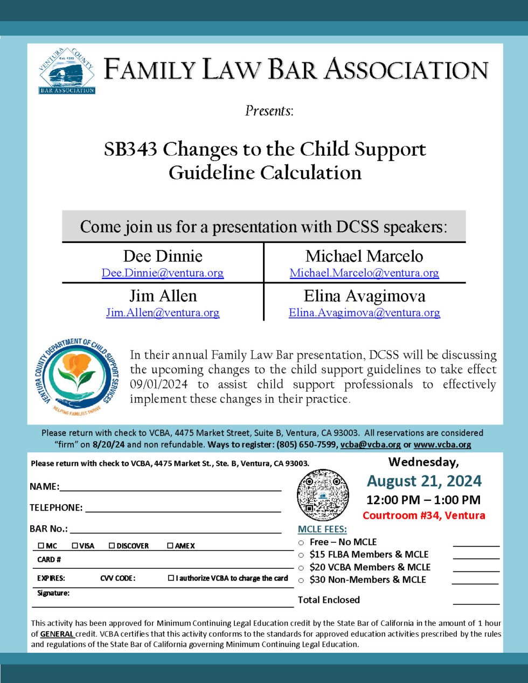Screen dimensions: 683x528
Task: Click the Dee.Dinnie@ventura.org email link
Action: pyautogui.click(x=163, y=273)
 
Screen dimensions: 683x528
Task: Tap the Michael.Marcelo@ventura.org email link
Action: pyautogui.click(x=364, y=273)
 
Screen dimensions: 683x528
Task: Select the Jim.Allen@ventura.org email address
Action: pyautogui.click(x=163, y=313)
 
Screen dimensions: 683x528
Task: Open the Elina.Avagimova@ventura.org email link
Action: pyautogui.click(x=364, y=313)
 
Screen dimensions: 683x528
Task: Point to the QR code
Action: pyautogui.click(x=323, y=494)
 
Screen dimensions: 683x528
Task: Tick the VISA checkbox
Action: pyautogui.click(x=75, y=546)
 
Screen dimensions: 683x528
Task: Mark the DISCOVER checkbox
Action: pyautogui.click(x=112, y=546)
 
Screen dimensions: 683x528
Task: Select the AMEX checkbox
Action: pyautogui.click(x=170, y=546)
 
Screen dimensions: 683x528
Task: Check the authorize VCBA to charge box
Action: pyautogui.click(x=171, y=578)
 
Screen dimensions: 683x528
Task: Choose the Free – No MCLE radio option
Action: pyautogui.click(x=301, y=542)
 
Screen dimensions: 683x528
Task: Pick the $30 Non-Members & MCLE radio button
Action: pyautogui.click(x=301, y=581)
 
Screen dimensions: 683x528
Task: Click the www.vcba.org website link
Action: pyautogui.click(x=442, y=445)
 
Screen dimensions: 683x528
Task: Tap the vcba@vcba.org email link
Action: pyautogui.click(x=371, y=445)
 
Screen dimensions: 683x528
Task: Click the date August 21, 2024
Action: pyautogui.click(x=424, y=481)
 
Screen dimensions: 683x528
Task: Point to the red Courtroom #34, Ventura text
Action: pyautogui.click(x=423, y=515)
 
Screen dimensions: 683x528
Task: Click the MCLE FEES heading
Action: pyautogui.click(x=322, y=529)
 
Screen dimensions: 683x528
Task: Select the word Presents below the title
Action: pyautogui.click(x=269, y=111)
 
